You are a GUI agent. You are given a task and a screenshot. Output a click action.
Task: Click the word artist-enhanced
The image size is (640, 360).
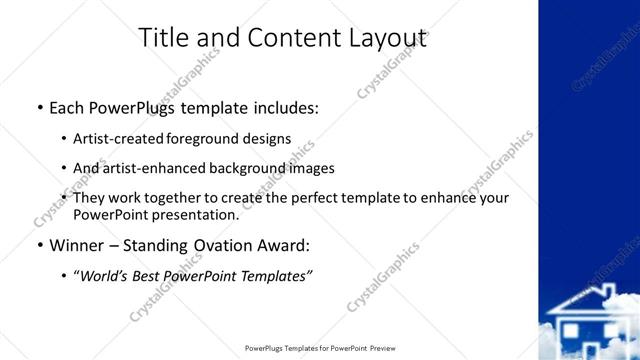pos(147,168)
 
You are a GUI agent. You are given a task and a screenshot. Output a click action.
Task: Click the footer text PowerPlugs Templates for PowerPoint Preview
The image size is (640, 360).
pos(320,349)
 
